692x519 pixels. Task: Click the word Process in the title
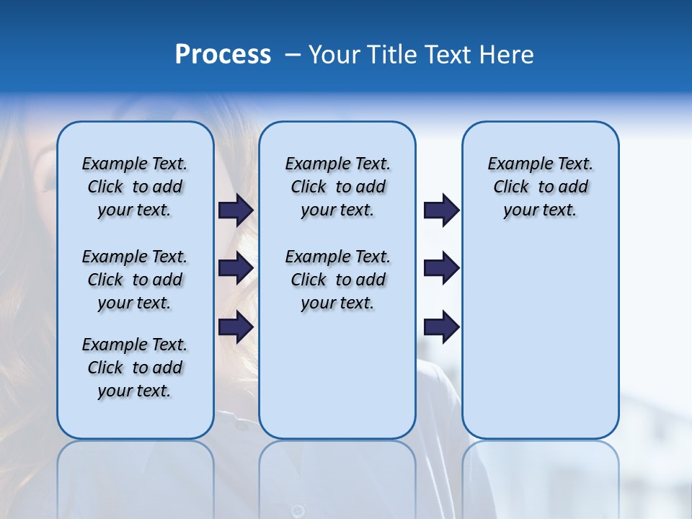tap(223, 55)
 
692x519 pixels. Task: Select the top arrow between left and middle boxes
tap(236, 210)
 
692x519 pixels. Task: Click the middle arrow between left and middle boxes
tap(236, 268)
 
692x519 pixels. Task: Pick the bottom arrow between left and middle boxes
tap(236, 327)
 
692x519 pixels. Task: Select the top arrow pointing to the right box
tap(441, 210)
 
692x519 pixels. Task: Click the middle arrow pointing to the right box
tap(441, 268)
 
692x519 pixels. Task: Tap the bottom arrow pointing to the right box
tap(441, 327)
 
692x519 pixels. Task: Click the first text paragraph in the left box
tap(134, 187)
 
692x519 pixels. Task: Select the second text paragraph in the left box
tap(134, 280)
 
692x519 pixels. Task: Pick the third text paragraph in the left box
tap(134, 368)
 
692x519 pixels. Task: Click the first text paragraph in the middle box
tap(337, 187)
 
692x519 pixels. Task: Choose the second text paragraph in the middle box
tap(337, 280)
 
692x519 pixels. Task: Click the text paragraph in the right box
tap(540, 187)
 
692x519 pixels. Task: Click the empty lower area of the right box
tap(540, 346)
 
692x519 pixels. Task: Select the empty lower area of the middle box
tap(337, 375)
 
